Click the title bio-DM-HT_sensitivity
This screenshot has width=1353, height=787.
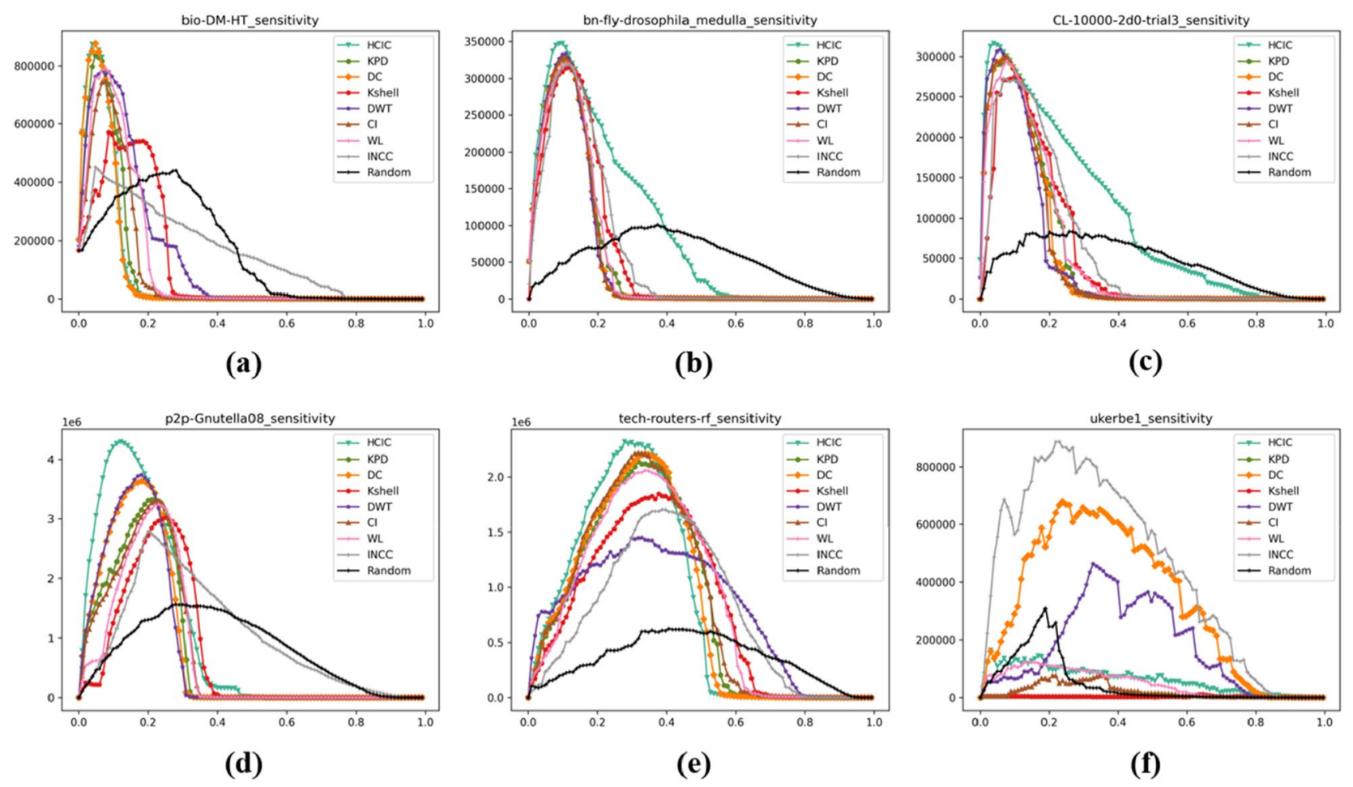250,19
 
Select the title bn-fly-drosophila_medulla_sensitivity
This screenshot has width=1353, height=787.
700,19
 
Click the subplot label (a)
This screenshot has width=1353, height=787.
244,364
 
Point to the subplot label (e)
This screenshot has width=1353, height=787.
694,763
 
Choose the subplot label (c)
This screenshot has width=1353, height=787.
1145,362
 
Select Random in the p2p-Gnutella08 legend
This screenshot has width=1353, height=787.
389,571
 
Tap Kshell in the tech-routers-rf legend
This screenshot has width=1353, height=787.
833,490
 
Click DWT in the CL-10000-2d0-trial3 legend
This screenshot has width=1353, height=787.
1280,108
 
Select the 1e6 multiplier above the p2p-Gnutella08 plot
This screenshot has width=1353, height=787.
72,422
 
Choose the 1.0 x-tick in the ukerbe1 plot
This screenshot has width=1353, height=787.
1324,721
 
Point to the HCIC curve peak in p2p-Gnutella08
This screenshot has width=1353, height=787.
121,441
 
